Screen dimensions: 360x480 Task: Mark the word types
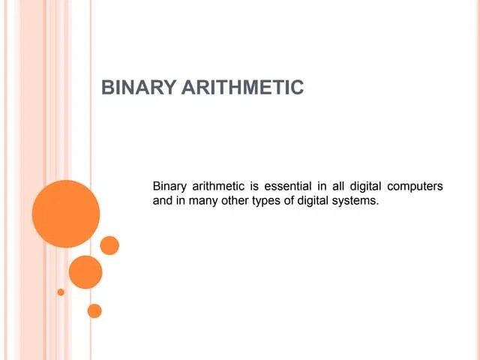268,201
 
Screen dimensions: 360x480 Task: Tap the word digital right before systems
315,201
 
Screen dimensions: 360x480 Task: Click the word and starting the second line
163,201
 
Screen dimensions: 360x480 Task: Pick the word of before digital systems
292,201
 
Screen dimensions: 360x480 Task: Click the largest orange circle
66,214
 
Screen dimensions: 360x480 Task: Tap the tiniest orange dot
61,291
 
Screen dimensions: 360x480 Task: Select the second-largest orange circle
85,271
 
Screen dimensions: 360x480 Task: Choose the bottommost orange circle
94,310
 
